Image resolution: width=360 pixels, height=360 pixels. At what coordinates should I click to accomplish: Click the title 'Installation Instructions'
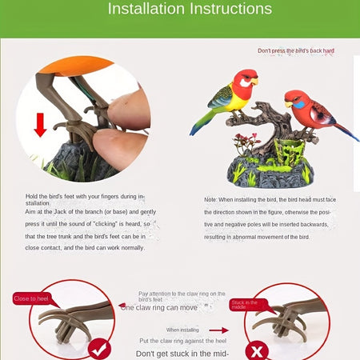pyautogui.click(x=190, y=10)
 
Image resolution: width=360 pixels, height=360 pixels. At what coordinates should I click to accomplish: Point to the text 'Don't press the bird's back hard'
pyautogui.click(x=295, y=50)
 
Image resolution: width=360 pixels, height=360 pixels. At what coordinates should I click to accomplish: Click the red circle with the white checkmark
pyautogui.click(x=98, y=348)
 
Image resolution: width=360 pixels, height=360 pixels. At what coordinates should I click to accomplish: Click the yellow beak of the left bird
pyautogui.click(x=255, y=80)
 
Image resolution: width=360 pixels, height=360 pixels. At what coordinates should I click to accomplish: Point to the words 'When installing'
pyautogui.click(x=182, y=330)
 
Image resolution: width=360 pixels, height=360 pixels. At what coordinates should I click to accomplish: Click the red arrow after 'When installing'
pyautogui.click(x=218, y=330)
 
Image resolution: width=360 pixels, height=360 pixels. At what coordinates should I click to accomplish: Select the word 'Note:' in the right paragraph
pyautogui.click(x=210, y=200)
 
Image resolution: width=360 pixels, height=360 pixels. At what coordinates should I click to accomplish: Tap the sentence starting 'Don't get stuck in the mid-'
pyautogui.click(x=182, y=353)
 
